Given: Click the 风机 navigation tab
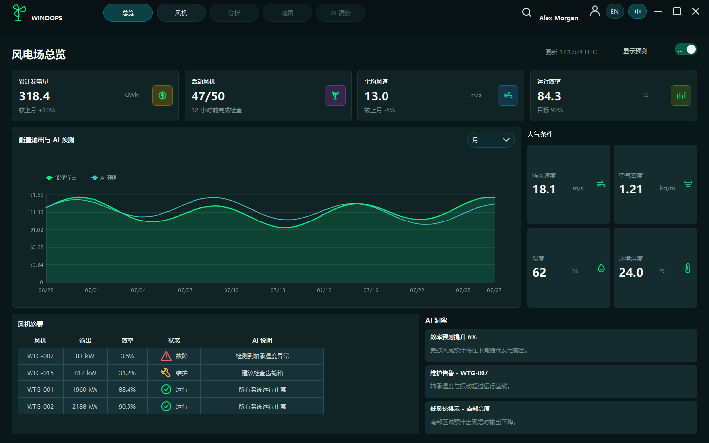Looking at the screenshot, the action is point(181,13).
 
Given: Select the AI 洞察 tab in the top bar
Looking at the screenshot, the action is point(341,13).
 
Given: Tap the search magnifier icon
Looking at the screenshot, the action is point(527,13).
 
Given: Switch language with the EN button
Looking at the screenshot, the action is point(614,12).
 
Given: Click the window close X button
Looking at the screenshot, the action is point(695,12).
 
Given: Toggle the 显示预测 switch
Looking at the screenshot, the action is point(685,50).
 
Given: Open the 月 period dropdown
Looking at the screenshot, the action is point(490,140).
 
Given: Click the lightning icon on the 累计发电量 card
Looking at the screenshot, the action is point(162,95).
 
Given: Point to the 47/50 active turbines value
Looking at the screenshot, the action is point(208,96).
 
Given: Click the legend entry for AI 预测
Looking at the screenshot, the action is point(105,178).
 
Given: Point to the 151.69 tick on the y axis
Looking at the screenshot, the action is point(35,195).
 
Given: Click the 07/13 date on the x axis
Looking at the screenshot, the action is point(278,290).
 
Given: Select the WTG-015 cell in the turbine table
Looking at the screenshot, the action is point(40,373).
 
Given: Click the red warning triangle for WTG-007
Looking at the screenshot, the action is point(166,356).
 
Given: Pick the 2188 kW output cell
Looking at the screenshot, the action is point(85,406).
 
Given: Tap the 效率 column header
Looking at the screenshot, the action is point(127,341).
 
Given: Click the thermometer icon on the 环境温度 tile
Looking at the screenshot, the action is point(688,268).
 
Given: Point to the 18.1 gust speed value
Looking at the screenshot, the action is point(544,189).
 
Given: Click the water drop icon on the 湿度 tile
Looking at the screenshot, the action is point(601,268).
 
